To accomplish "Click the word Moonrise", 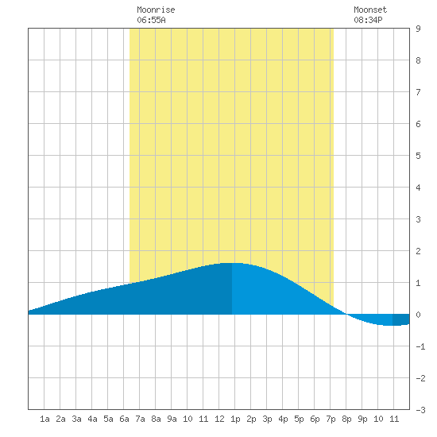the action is [x=156, y=10].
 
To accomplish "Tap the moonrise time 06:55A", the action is [x=151, y=20].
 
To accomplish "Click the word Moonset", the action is [x=370, y=10].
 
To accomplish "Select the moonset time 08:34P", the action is [x=368, y=20].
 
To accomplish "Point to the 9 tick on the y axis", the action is [x=418, y=29].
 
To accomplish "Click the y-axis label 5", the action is [x=418, y=156].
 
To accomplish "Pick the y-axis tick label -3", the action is [x=420, y=410].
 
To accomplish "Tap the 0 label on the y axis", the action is [x=418, y=315].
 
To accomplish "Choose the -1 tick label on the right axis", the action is [x=420, y=346].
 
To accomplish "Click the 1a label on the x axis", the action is [x=44, y=419].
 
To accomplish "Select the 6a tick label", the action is [x=124, y=419].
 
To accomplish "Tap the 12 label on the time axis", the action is [x=219, y=419].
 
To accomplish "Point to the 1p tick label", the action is [x=235, y=419].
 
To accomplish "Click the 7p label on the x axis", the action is [x=331, y=419].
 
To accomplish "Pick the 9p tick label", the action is [x=362, y=419].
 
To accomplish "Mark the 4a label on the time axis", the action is [x=92, y=419].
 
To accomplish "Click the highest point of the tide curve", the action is [x=232, y=263].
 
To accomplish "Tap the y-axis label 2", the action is [x=418, y=251].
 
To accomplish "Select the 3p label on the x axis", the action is [x=267, y=419].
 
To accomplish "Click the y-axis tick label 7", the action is [x=418, y=92].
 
